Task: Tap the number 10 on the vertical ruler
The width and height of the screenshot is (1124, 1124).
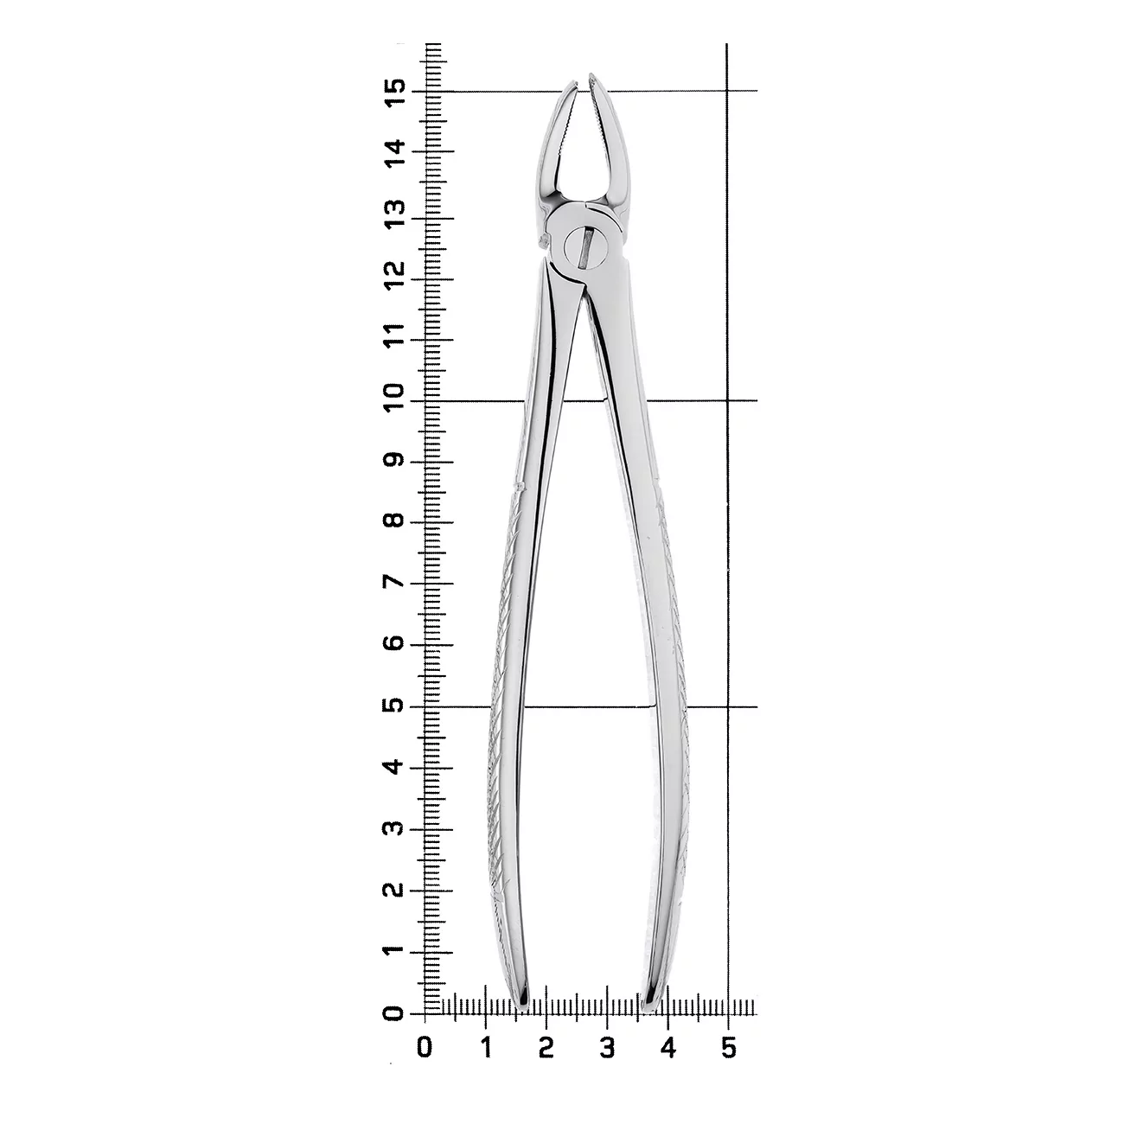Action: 395,399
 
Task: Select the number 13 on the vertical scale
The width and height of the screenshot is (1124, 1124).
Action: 395,214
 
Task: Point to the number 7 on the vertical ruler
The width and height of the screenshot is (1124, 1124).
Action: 395,582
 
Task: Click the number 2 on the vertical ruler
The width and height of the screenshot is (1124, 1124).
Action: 395,890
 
